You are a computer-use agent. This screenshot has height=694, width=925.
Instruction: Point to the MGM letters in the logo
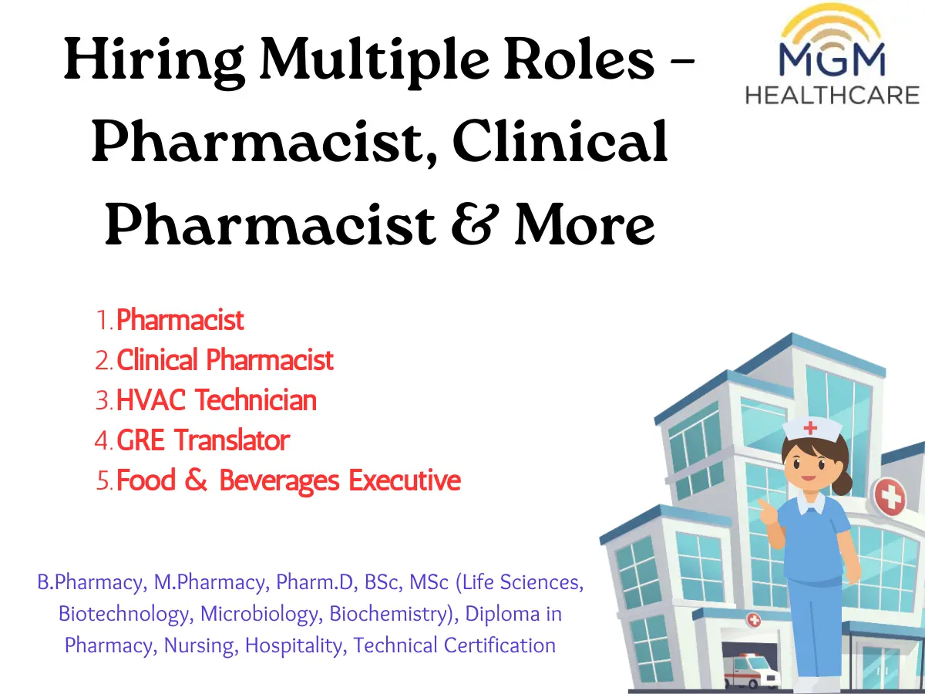832,59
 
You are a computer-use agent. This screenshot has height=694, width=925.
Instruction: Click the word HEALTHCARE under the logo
832,95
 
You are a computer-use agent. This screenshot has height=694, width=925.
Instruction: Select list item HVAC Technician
216,399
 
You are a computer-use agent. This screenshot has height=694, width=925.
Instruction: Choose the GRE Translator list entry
203,440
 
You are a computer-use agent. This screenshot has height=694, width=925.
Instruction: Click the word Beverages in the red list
279,481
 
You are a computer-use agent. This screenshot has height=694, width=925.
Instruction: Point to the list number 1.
103,320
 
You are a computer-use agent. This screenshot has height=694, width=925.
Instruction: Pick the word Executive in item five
405,480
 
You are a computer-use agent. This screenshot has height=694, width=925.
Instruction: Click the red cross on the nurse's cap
810,428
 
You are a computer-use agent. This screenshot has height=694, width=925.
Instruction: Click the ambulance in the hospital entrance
748,672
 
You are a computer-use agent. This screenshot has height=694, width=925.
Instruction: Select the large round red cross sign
890,497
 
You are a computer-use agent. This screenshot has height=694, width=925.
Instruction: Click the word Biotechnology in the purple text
123,614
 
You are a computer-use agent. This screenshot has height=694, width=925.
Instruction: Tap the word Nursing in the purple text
198,645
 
